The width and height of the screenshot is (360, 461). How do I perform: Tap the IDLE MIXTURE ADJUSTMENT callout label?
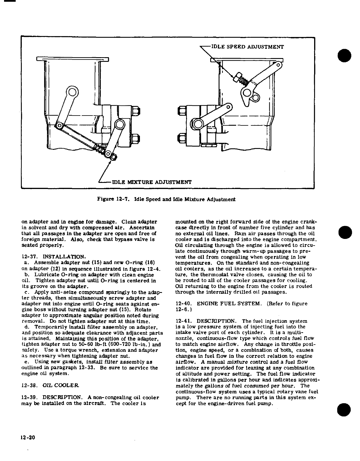[152, 182]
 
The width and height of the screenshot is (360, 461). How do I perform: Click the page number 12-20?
[28, 437]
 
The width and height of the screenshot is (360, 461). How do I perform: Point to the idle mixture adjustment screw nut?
[114, 157]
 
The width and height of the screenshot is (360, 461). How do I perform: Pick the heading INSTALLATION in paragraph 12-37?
[64, 257]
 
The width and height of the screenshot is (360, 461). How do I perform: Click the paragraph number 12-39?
[30, 397]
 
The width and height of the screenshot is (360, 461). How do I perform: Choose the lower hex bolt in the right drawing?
[181, 137]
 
